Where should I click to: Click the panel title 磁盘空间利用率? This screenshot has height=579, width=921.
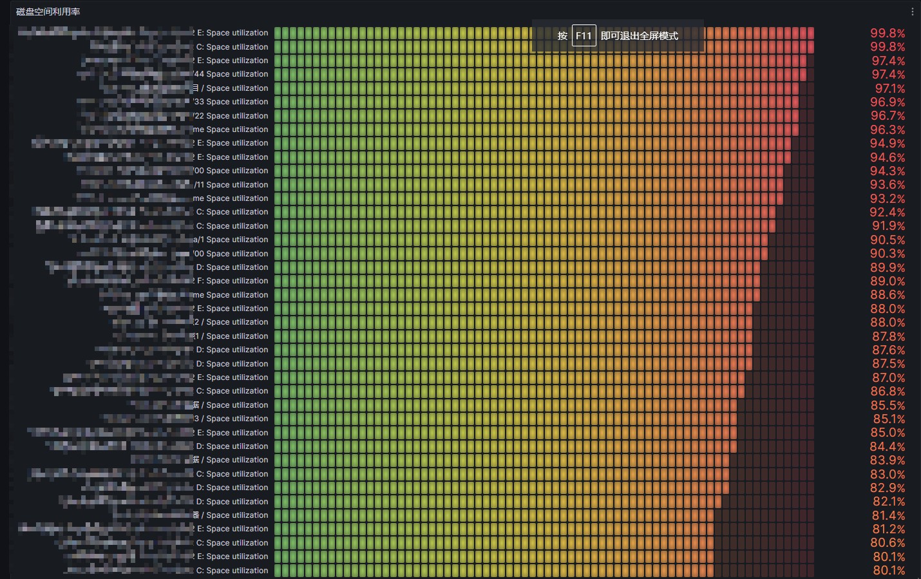48,12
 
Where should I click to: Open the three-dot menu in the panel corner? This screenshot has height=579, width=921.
912,12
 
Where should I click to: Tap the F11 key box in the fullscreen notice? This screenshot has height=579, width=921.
584,35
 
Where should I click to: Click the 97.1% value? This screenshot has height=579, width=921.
889,88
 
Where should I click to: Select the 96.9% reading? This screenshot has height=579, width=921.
888,102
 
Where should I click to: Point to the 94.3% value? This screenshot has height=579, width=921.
888,171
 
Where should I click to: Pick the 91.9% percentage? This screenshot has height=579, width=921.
888,226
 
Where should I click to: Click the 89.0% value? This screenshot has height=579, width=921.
888,281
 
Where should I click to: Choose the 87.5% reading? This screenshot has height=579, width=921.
888,364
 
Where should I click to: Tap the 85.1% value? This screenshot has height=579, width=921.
889,419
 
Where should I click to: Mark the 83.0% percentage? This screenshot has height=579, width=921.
888,474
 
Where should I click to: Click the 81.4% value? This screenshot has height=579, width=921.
888,515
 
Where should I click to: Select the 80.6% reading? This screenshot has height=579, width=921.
888,543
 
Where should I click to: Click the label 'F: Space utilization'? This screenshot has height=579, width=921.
233,281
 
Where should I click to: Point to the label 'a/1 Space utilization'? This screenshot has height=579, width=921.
231,240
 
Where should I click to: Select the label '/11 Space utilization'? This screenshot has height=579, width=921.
231,185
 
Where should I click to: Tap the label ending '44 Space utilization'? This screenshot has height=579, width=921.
231,74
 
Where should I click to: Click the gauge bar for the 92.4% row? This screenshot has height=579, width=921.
524,212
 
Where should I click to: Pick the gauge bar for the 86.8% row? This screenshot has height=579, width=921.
509,391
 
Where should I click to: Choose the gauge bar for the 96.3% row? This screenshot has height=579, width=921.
536,129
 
